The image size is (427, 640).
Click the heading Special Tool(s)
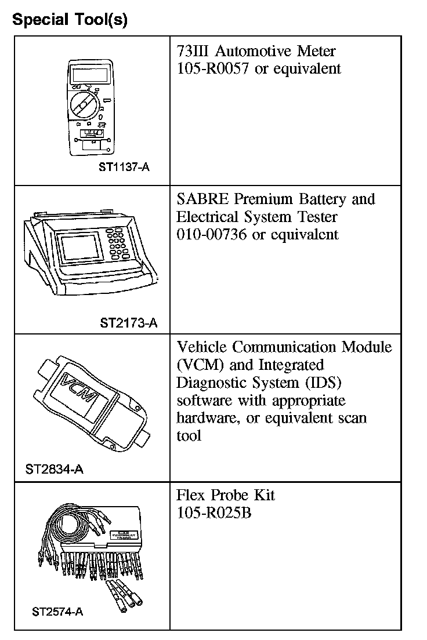tap(70, 19)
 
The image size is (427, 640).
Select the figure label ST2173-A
tap(128, 322)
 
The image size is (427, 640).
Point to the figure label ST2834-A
tap(54, 469)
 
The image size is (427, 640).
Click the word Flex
tap(191, 496)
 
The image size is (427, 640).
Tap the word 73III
tap(194, 51)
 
